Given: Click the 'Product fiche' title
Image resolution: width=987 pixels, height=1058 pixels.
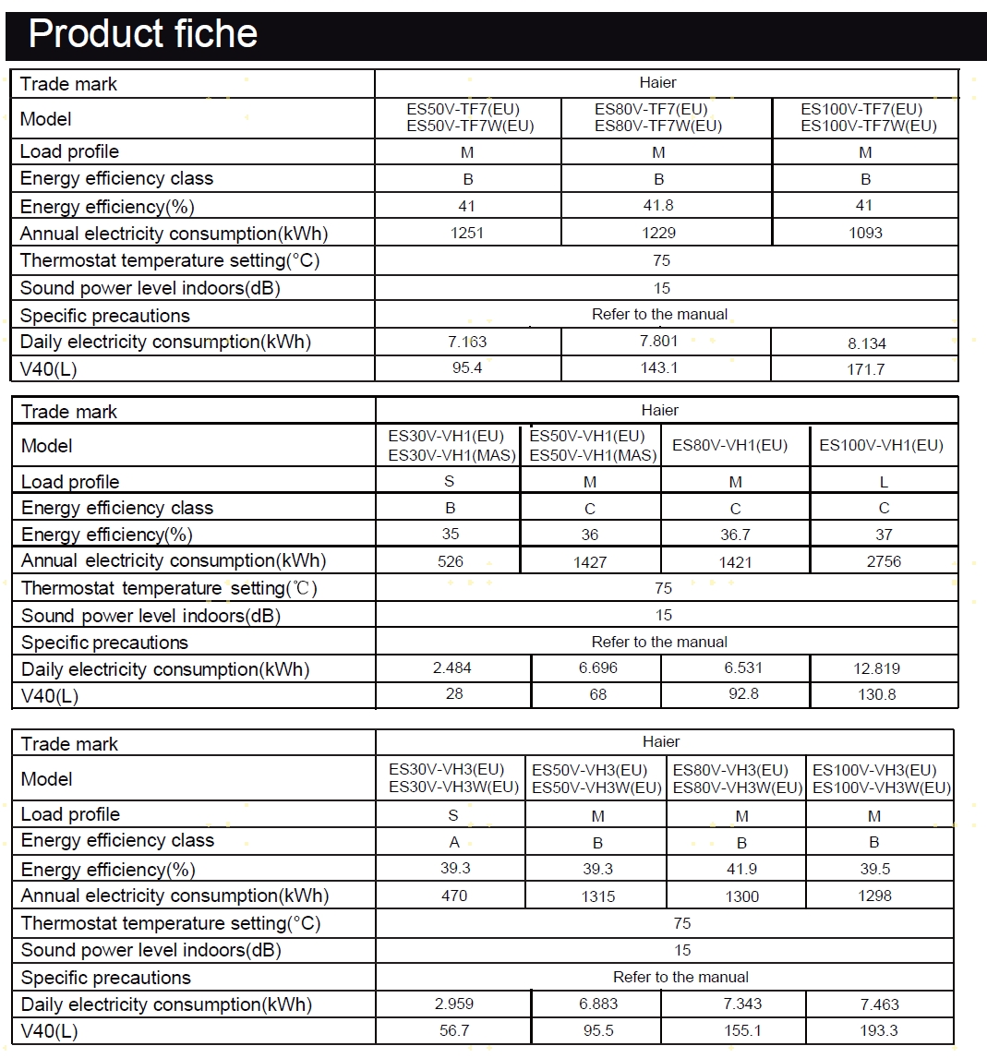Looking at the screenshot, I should pos(143,34).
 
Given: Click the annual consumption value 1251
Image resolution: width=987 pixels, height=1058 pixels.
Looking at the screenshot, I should pos(467,233).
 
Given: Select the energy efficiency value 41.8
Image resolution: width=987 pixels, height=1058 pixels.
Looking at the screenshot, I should pos(658,206).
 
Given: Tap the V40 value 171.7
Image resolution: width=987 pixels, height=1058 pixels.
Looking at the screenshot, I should pos(866,369).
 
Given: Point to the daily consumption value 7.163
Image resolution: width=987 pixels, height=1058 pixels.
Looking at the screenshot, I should pos(467,342).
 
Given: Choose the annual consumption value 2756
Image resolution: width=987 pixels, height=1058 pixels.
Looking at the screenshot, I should pos(884,561).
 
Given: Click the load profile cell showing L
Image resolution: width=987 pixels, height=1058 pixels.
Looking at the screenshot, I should pos(884,482).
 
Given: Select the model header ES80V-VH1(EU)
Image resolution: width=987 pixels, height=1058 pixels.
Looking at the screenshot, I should pos(735,445).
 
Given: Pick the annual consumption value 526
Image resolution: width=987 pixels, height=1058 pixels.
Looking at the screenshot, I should pos(451,561).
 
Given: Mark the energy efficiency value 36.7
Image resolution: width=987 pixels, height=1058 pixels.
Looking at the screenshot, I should pos(735,535).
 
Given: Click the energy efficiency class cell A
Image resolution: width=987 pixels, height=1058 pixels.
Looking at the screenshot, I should pos(453,842).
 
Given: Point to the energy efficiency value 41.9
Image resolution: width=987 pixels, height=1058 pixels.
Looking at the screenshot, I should pos(742,869).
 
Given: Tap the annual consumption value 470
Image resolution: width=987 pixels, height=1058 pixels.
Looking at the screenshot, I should pos(454,896).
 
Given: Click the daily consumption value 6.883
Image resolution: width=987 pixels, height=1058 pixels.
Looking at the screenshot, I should pos(598,1004).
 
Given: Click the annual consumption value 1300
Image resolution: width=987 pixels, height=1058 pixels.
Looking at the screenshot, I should pos(742,896).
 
